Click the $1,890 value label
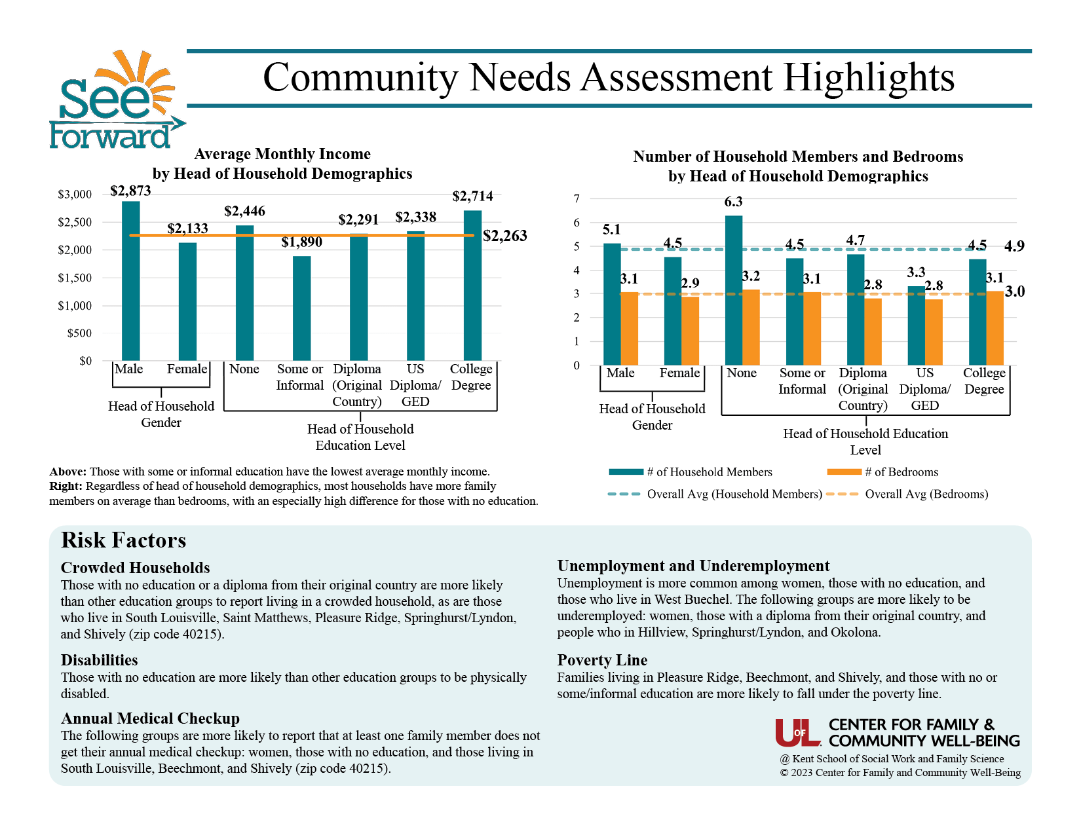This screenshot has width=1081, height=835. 301,242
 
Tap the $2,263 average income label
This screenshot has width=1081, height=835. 504,236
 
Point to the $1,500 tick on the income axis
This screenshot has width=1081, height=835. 75,278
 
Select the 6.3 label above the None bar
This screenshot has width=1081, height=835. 733,202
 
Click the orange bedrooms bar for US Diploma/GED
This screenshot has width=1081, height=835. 934,332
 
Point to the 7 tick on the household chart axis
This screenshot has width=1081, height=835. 577,198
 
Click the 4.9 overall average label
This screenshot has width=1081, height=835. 1014,246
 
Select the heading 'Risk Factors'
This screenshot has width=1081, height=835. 123,540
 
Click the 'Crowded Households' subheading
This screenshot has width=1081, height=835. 135,568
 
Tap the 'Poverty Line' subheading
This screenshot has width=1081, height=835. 602,660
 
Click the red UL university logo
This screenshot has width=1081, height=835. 797,733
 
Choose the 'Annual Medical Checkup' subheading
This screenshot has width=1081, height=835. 150,718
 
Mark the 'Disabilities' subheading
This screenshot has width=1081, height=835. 99,660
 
